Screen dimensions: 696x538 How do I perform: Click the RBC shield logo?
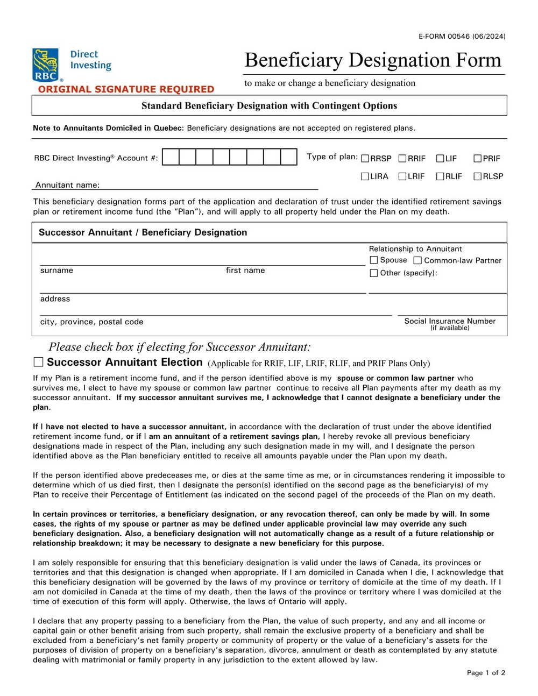tap(45, 64)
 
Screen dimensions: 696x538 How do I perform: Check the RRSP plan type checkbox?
tap(365, 159)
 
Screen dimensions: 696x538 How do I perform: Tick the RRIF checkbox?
tap(402, 159)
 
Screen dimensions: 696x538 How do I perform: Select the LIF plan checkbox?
tap(440, 159)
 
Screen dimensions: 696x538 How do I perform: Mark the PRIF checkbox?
tap(477, 159)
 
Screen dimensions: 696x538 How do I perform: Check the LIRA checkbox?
tap(365, 176)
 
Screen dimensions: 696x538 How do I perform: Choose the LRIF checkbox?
tap(402, 176)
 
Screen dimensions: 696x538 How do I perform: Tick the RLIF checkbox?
tap(440, 176)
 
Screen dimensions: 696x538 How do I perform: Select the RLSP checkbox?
tap(477, 176)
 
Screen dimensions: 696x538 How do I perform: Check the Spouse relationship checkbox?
tap(374, 260)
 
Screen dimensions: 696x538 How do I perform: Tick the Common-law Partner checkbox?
tap(417, 261)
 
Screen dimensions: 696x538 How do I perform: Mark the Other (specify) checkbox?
tap(374, 273)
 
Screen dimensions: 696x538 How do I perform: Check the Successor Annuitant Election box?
tap(38, 362)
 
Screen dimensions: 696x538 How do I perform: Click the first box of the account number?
tap(171, 157)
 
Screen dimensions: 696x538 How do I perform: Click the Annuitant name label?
tap(67, 185)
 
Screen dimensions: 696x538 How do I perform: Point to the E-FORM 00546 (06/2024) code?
tap(462, 37)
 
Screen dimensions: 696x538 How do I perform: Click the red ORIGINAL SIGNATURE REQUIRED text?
tap(126, 89)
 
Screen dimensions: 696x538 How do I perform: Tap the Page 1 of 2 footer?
tap(486, 673)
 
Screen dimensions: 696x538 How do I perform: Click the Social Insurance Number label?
tap(450, 321)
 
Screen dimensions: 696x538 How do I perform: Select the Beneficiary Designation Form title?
tap(373, 60)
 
